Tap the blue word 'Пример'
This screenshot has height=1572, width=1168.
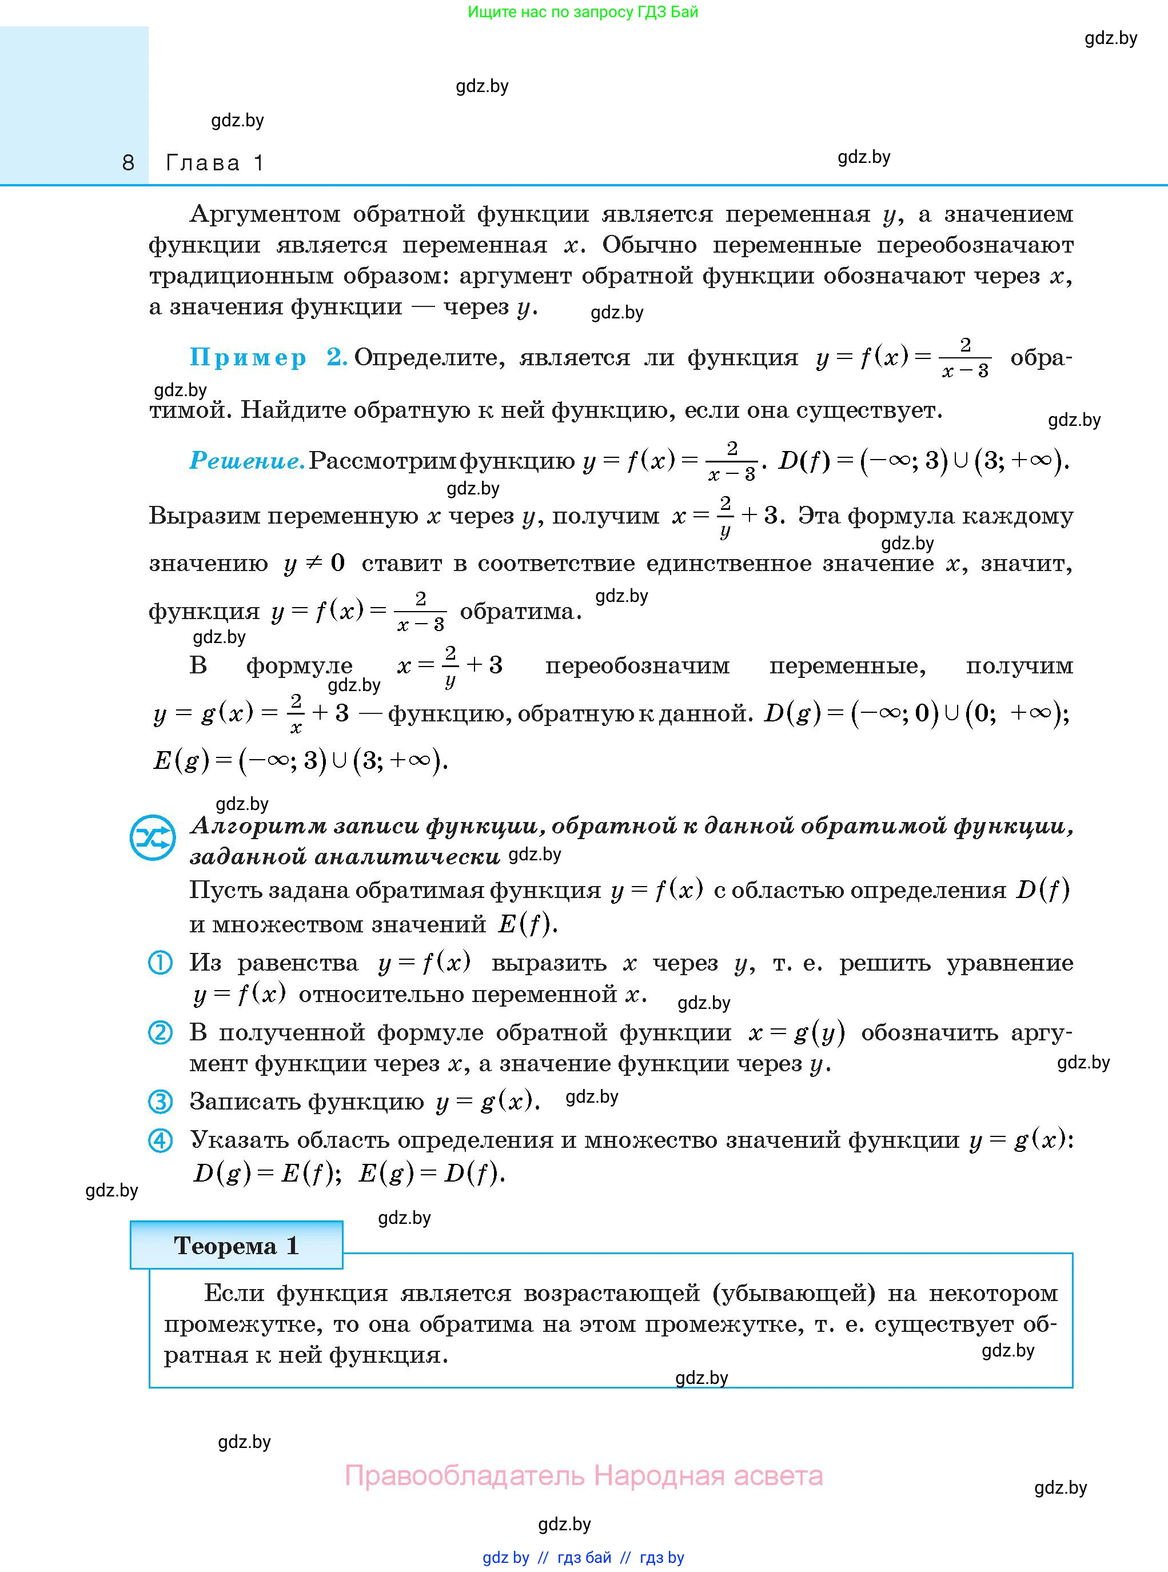(x=248, y=358)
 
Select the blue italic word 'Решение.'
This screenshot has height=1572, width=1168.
(x=247, y=461)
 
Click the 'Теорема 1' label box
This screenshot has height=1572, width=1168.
(x=236, y=1244)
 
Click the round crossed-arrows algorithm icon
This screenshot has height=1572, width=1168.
(x=152, y=839)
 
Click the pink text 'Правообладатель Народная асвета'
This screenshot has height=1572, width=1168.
(x=583, y=1476)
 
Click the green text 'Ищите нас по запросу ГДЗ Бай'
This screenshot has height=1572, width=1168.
(x=583, y=12)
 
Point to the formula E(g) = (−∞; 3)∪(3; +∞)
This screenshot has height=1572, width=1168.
(x=301, y=760)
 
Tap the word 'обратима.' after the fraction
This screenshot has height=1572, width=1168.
(x=521, y=612)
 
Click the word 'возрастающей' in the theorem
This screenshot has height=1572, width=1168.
(x=612, y=1294)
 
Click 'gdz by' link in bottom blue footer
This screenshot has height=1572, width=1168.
(x=505, y=1557)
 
